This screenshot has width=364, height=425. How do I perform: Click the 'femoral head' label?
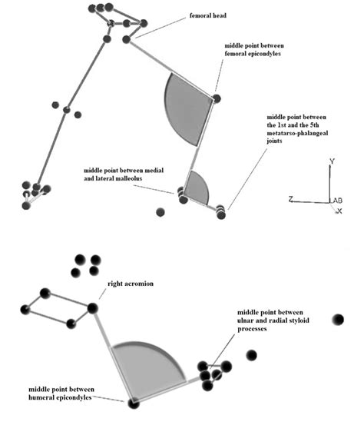208,15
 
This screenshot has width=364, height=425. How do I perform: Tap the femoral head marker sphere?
126,39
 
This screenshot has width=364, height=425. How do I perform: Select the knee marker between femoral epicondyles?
216,98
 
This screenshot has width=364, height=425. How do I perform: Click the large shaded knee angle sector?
187,108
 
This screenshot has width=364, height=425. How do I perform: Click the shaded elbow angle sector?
146,371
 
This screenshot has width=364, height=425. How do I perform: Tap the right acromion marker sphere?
92,308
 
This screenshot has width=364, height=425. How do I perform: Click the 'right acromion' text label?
131,284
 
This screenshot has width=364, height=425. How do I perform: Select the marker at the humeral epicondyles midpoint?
134,403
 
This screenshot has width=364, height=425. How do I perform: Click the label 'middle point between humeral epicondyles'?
61,393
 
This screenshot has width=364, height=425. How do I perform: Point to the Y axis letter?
332,161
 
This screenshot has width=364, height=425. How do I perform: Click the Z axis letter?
290,199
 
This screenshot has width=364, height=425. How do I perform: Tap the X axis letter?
339,211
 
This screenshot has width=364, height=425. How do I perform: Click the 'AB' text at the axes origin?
337,201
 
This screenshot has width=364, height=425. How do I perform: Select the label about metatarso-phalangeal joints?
297,129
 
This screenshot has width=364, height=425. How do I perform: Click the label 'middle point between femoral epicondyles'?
254,50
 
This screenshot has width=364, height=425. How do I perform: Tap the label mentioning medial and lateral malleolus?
124,174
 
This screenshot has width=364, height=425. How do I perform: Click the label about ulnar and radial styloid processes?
273,320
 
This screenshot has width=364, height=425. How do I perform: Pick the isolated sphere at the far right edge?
338,319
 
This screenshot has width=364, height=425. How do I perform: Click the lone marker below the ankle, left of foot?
160,212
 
